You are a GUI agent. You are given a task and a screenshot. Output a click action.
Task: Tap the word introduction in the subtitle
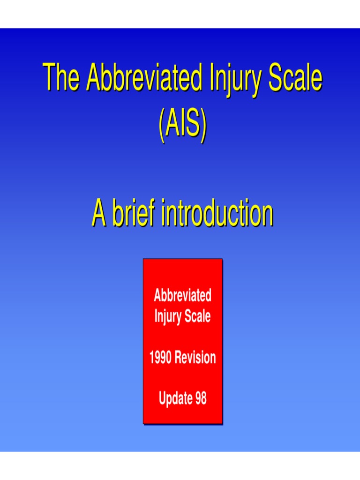217,213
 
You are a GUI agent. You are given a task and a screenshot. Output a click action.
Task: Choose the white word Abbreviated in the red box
182,296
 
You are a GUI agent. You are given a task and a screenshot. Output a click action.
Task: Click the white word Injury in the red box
167,316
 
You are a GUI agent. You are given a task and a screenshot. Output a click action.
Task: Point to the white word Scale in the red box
197,316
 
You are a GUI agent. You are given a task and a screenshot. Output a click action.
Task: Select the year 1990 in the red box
161,358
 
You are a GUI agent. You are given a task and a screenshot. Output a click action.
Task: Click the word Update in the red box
175,399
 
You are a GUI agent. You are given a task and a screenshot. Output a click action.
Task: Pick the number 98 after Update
200,399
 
